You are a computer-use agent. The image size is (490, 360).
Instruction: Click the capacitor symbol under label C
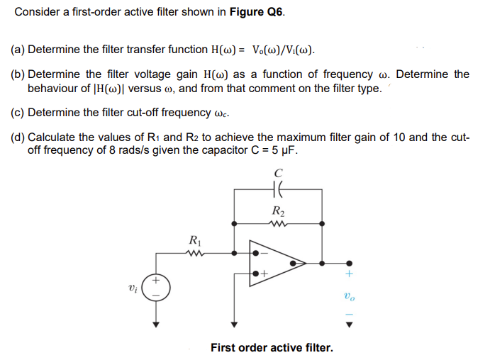(x=277, y=189)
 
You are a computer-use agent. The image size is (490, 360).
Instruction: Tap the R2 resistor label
(x=277, y=210)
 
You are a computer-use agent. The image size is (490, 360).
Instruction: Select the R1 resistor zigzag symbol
(x=192, y=251)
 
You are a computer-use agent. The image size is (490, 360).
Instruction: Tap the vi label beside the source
(x=131, y=288)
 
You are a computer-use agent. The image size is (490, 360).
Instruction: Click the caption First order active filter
(x=271, y=348)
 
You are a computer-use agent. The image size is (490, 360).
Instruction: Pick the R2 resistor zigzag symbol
(x=277, y=223)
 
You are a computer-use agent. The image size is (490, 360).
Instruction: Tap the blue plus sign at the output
(x=348, y=274)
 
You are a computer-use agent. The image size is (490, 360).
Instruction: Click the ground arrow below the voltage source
(x=155, y=326)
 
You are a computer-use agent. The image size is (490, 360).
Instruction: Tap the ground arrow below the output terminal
(x=348, y=326)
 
